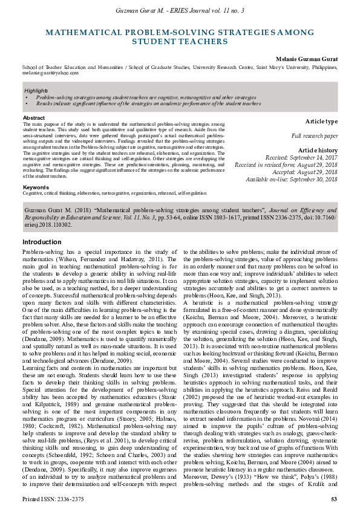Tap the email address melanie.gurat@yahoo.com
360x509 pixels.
[50, 73]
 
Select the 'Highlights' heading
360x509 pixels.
[36, 91]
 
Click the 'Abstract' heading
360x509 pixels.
[33, 118]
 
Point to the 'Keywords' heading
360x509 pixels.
[36, 187]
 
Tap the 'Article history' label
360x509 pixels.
[318, 150]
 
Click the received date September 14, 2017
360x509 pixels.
[315, 157]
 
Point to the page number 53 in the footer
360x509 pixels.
[333, 499]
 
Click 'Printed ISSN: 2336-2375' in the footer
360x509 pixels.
[53, 499]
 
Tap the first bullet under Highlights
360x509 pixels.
[145, 97]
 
